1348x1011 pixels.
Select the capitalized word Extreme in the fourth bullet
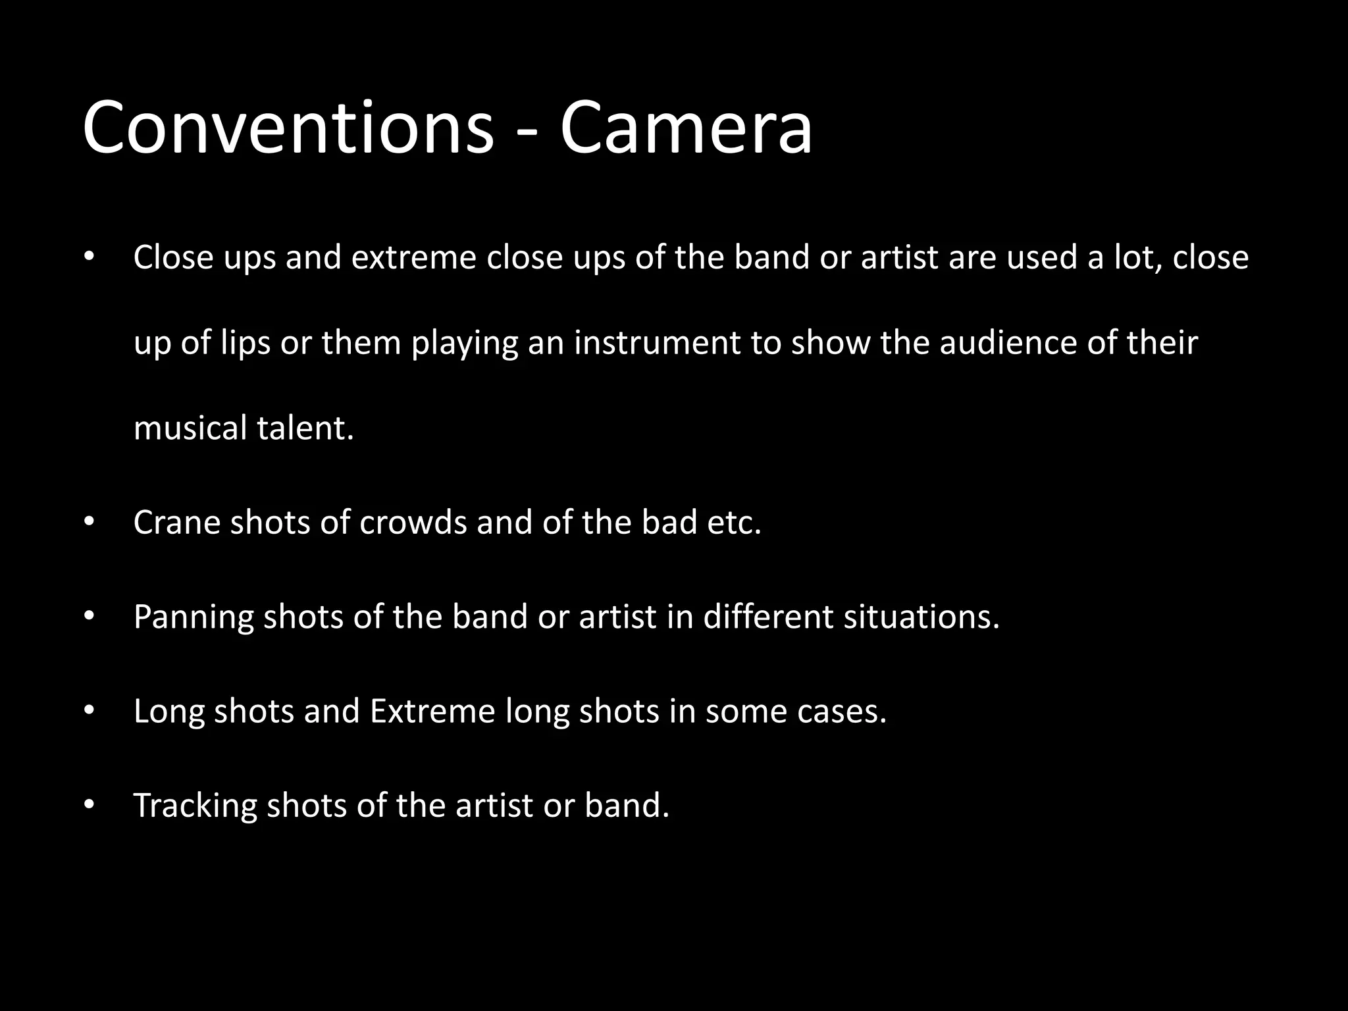[432, 711]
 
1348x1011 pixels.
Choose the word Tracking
[195, 806]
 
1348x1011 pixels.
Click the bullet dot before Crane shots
[90, 523]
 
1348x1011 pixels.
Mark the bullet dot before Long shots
[90, 711]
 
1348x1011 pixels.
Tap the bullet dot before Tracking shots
[90, 806]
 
